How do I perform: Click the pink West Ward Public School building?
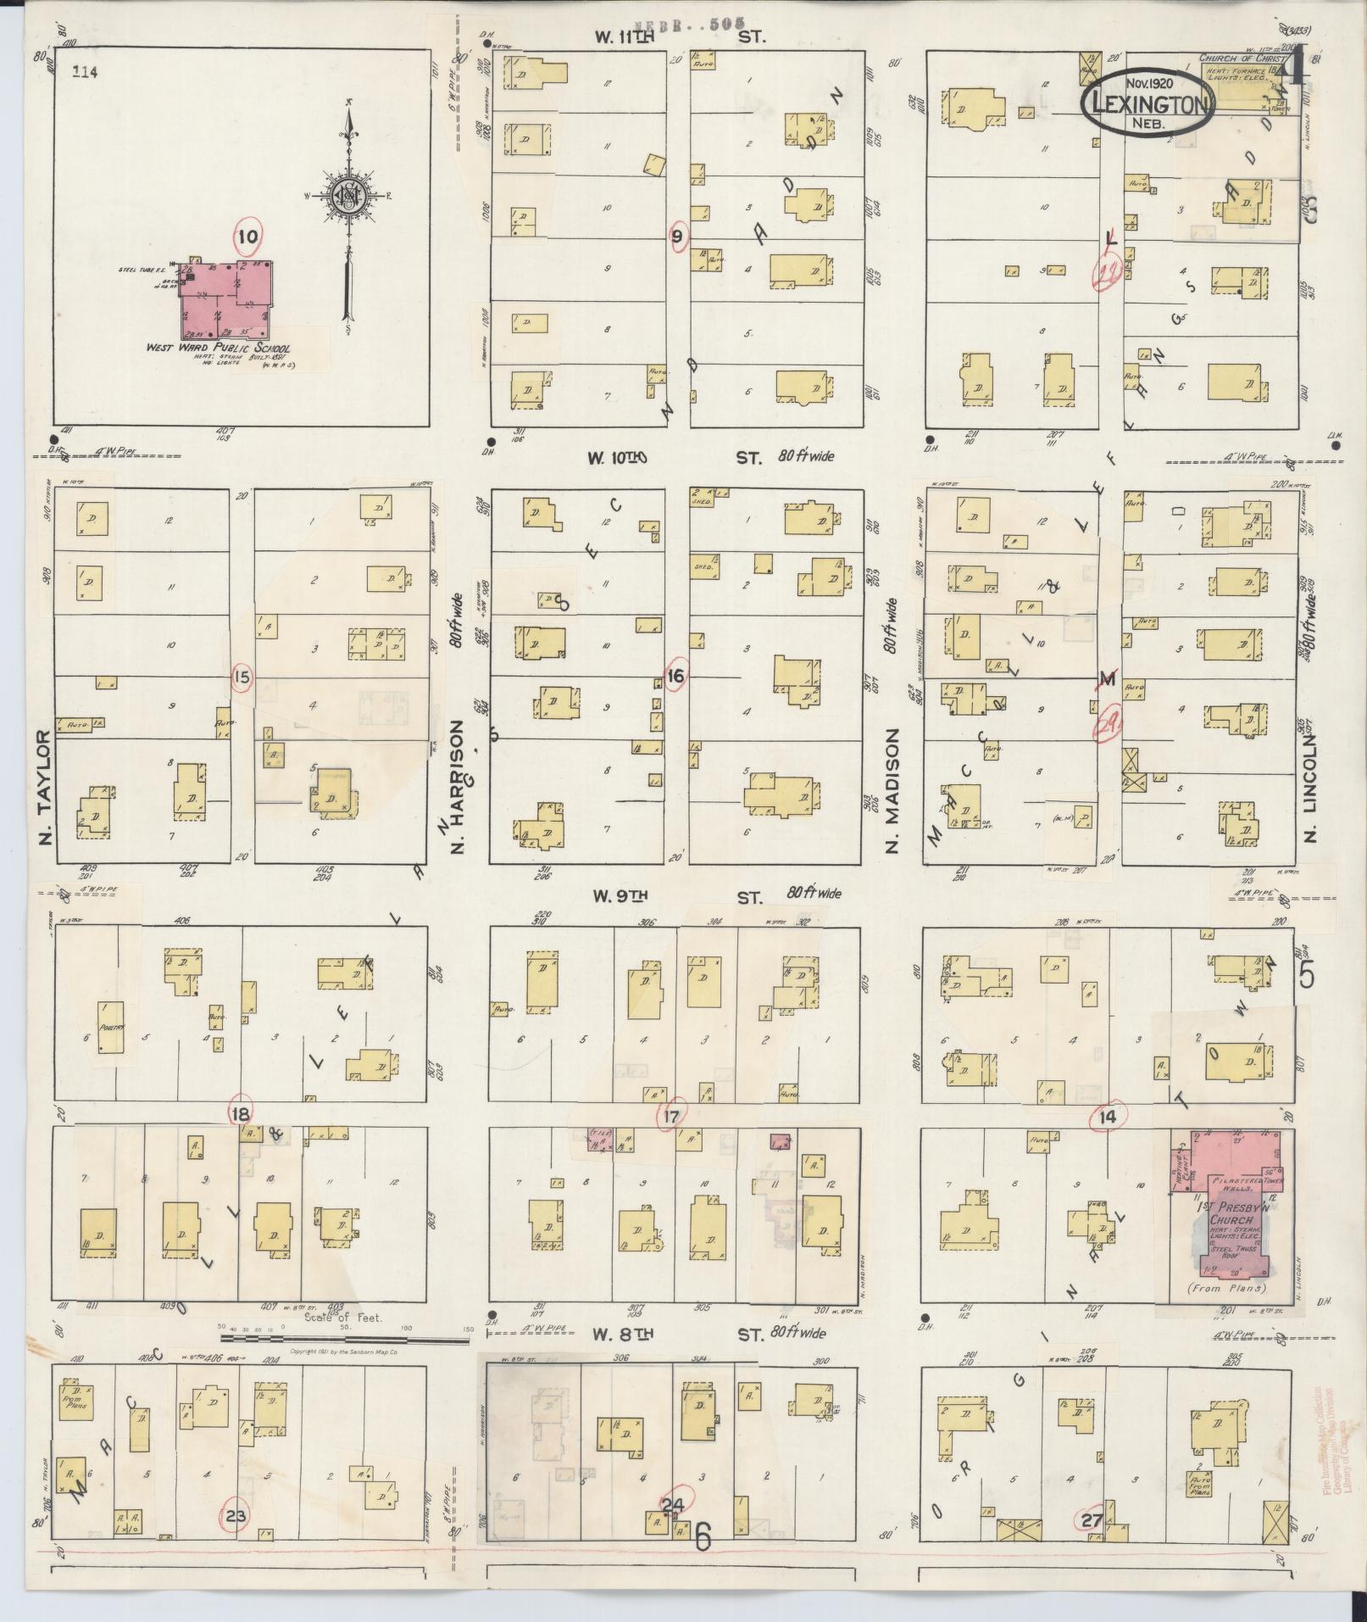pyautogui.click(x=225, y=300)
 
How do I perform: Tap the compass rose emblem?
pyautogui.click(x=347, y=198)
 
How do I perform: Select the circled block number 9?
pyautogui.click(x=677, y=237)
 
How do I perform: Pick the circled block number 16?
pyautogui.click(x=675, y=676)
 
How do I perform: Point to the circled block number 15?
pyautogui.click(x=242, y=677)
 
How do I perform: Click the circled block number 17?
pyautogui.click(x=671, y=1117)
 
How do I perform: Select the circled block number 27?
pyautogui.click(x=1092, y=1521)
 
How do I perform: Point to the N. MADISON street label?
pyautogui.click(x=892, y=790)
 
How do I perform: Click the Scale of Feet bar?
pyautogui.click(x=343, y=1339)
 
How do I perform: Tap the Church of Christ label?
pyautogui.click(x=1236, y=59)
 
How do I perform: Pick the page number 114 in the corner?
pyautogui.click(x=85, y=72)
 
